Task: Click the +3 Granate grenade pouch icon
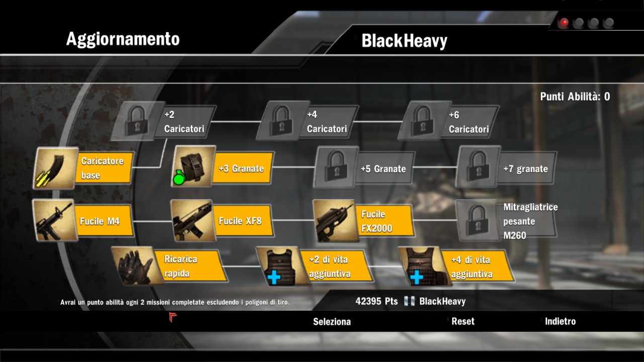click(194, 167)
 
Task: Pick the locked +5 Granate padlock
click(336, 167)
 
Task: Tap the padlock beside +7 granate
click(478, 167)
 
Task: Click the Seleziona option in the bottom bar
click(332, 322)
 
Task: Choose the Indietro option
click(560, 321)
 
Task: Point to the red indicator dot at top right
click(563, 23)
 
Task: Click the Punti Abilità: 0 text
click(575, 97)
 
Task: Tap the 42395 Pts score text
click(376, 301)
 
